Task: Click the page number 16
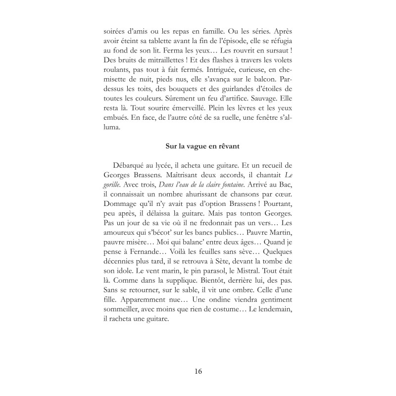tap(198, 371)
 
